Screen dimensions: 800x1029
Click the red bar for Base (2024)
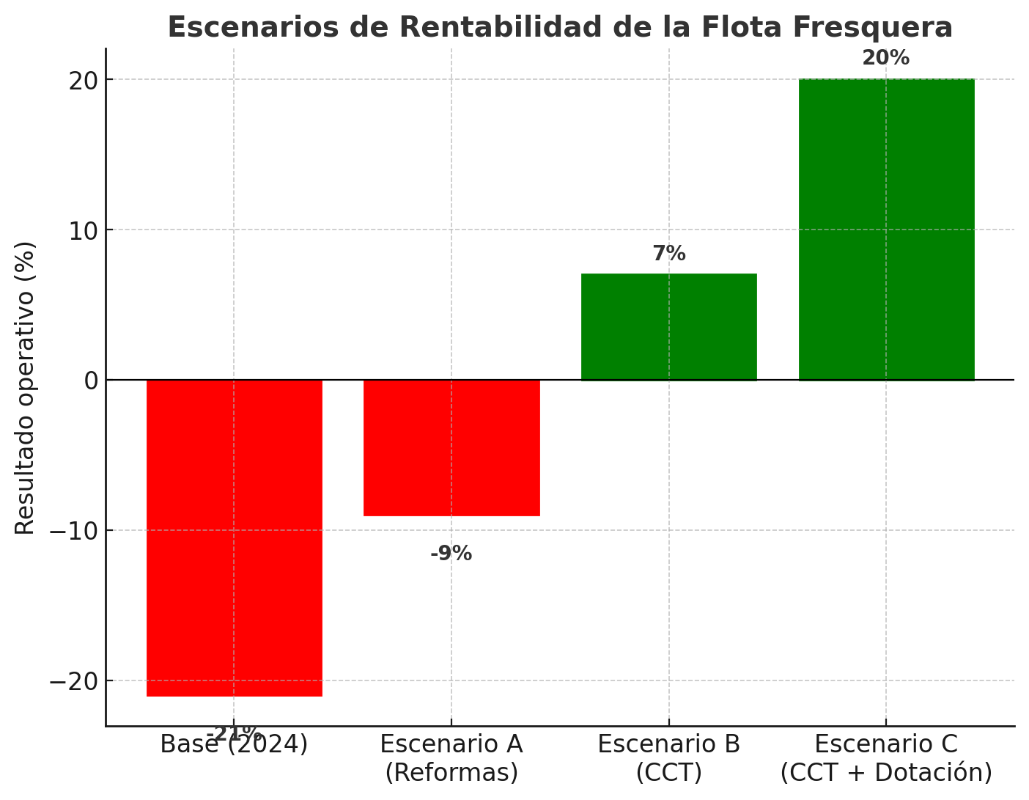pos(234,537)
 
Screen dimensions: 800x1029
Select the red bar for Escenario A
pos(451,447)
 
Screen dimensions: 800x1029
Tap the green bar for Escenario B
pos(668,327)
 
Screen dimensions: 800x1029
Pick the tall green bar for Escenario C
pos(886,230)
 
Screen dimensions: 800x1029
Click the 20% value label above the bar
pos(885,58)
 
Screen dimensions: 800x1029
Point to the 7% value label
pos(669,254)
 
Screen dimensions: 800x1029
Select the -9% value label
pos(451,554)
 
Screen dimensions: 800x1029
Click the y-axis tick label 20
pos(84,80)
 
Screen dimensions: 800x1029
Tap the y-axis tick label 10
pos(84,230)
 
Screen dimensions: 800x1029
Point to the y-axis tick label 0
pos(91,381)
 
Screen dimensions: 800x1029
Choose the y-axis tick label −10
pos(73,531)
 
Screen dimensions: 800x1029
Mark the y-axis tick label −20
pos(73,681)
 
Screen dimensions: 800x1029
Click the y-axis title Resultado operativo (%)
pos(25,388)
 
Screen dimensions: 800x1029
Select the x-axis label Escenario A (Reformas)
pos(451,758)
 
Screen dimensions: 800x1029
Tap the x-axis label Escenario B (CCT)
pos(668,758)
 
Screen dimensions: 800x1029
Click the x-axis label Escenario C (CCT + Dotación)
pos(886,758)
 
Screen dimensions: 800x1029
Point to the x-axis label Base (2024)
pos(234,744)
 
